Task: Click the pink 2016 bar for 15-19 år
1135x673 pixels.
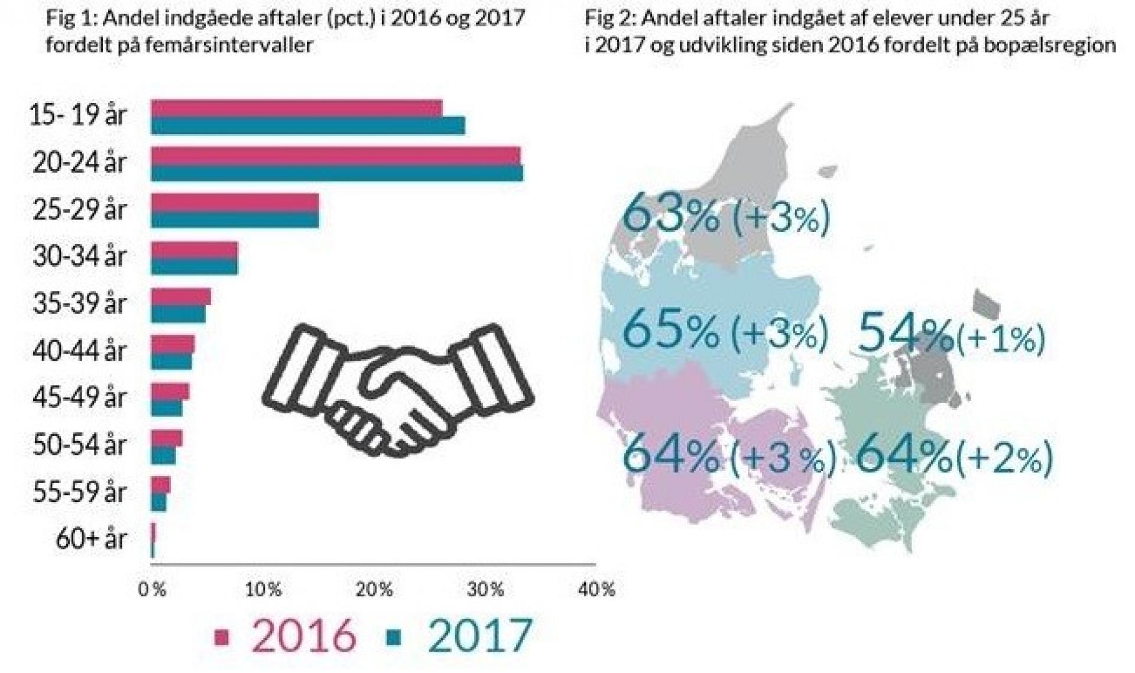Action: (296, 108)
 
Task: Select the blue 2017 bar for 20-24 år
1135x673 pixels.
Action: (336, 173)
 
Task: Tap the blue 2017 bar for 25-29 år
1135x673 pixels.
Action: (235, 220)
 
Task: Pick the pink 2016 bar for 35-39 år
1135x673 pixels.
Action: (181, 296)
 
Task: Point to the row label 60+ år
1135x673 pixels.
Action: (91, 539)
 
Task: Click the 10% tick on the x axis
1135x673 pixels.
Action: (263, 590)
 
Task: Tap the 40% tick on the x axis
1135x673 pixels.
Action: (596, 590)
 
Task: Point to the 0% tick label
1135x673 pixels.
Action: (152, 590)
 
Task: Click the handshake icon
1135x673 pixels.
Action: (397, 390)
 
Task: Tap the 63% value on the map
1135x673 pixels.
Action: (671, 215)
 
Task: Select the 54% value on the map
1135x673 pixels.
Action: (904, 334)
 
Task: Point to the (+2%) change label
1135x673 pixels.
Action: (1004, 457)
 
